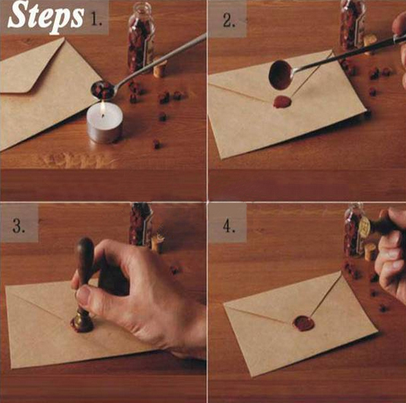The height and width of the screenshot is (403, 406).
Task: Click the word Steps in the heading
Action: (46, 17)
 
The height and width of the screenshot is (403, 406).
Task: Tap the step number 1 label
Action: (96, 19)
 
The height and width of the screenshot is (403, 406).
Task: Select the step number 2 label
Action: (229, 21)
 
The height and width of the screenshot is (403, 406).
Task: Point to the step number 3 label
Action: (18, 226)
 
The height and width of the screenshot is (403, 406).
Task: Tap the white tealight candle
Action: (105, 122)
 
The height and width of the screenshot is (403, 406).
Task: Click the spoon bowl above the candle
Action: (103, 90)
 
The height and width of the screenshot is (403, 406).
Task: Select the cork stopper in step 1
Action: (160, 68)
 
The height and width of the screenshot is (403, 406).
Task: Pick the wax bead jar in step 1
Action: (141, 37)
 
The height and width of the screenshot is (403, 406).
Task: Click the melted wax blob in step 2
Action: (282, 101)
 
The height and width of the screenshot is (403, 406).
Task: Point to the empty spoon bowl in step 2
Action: (281, 75)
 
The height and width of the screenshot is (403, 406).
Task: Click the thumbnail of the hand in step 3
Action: (83, 295)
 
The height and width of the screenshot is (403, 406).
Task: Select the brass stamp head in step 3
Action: (82, 321)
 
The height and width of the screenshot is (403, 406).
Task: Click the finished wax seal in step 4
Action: (303, 323)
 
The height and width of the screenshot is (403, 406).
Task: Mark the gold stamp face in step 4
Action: (364, 227)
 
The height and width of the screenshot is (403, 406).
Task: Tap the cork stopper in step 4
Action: (370, 252)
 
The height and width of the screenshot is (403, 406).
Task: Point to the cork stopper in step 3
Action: (157, 243)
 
